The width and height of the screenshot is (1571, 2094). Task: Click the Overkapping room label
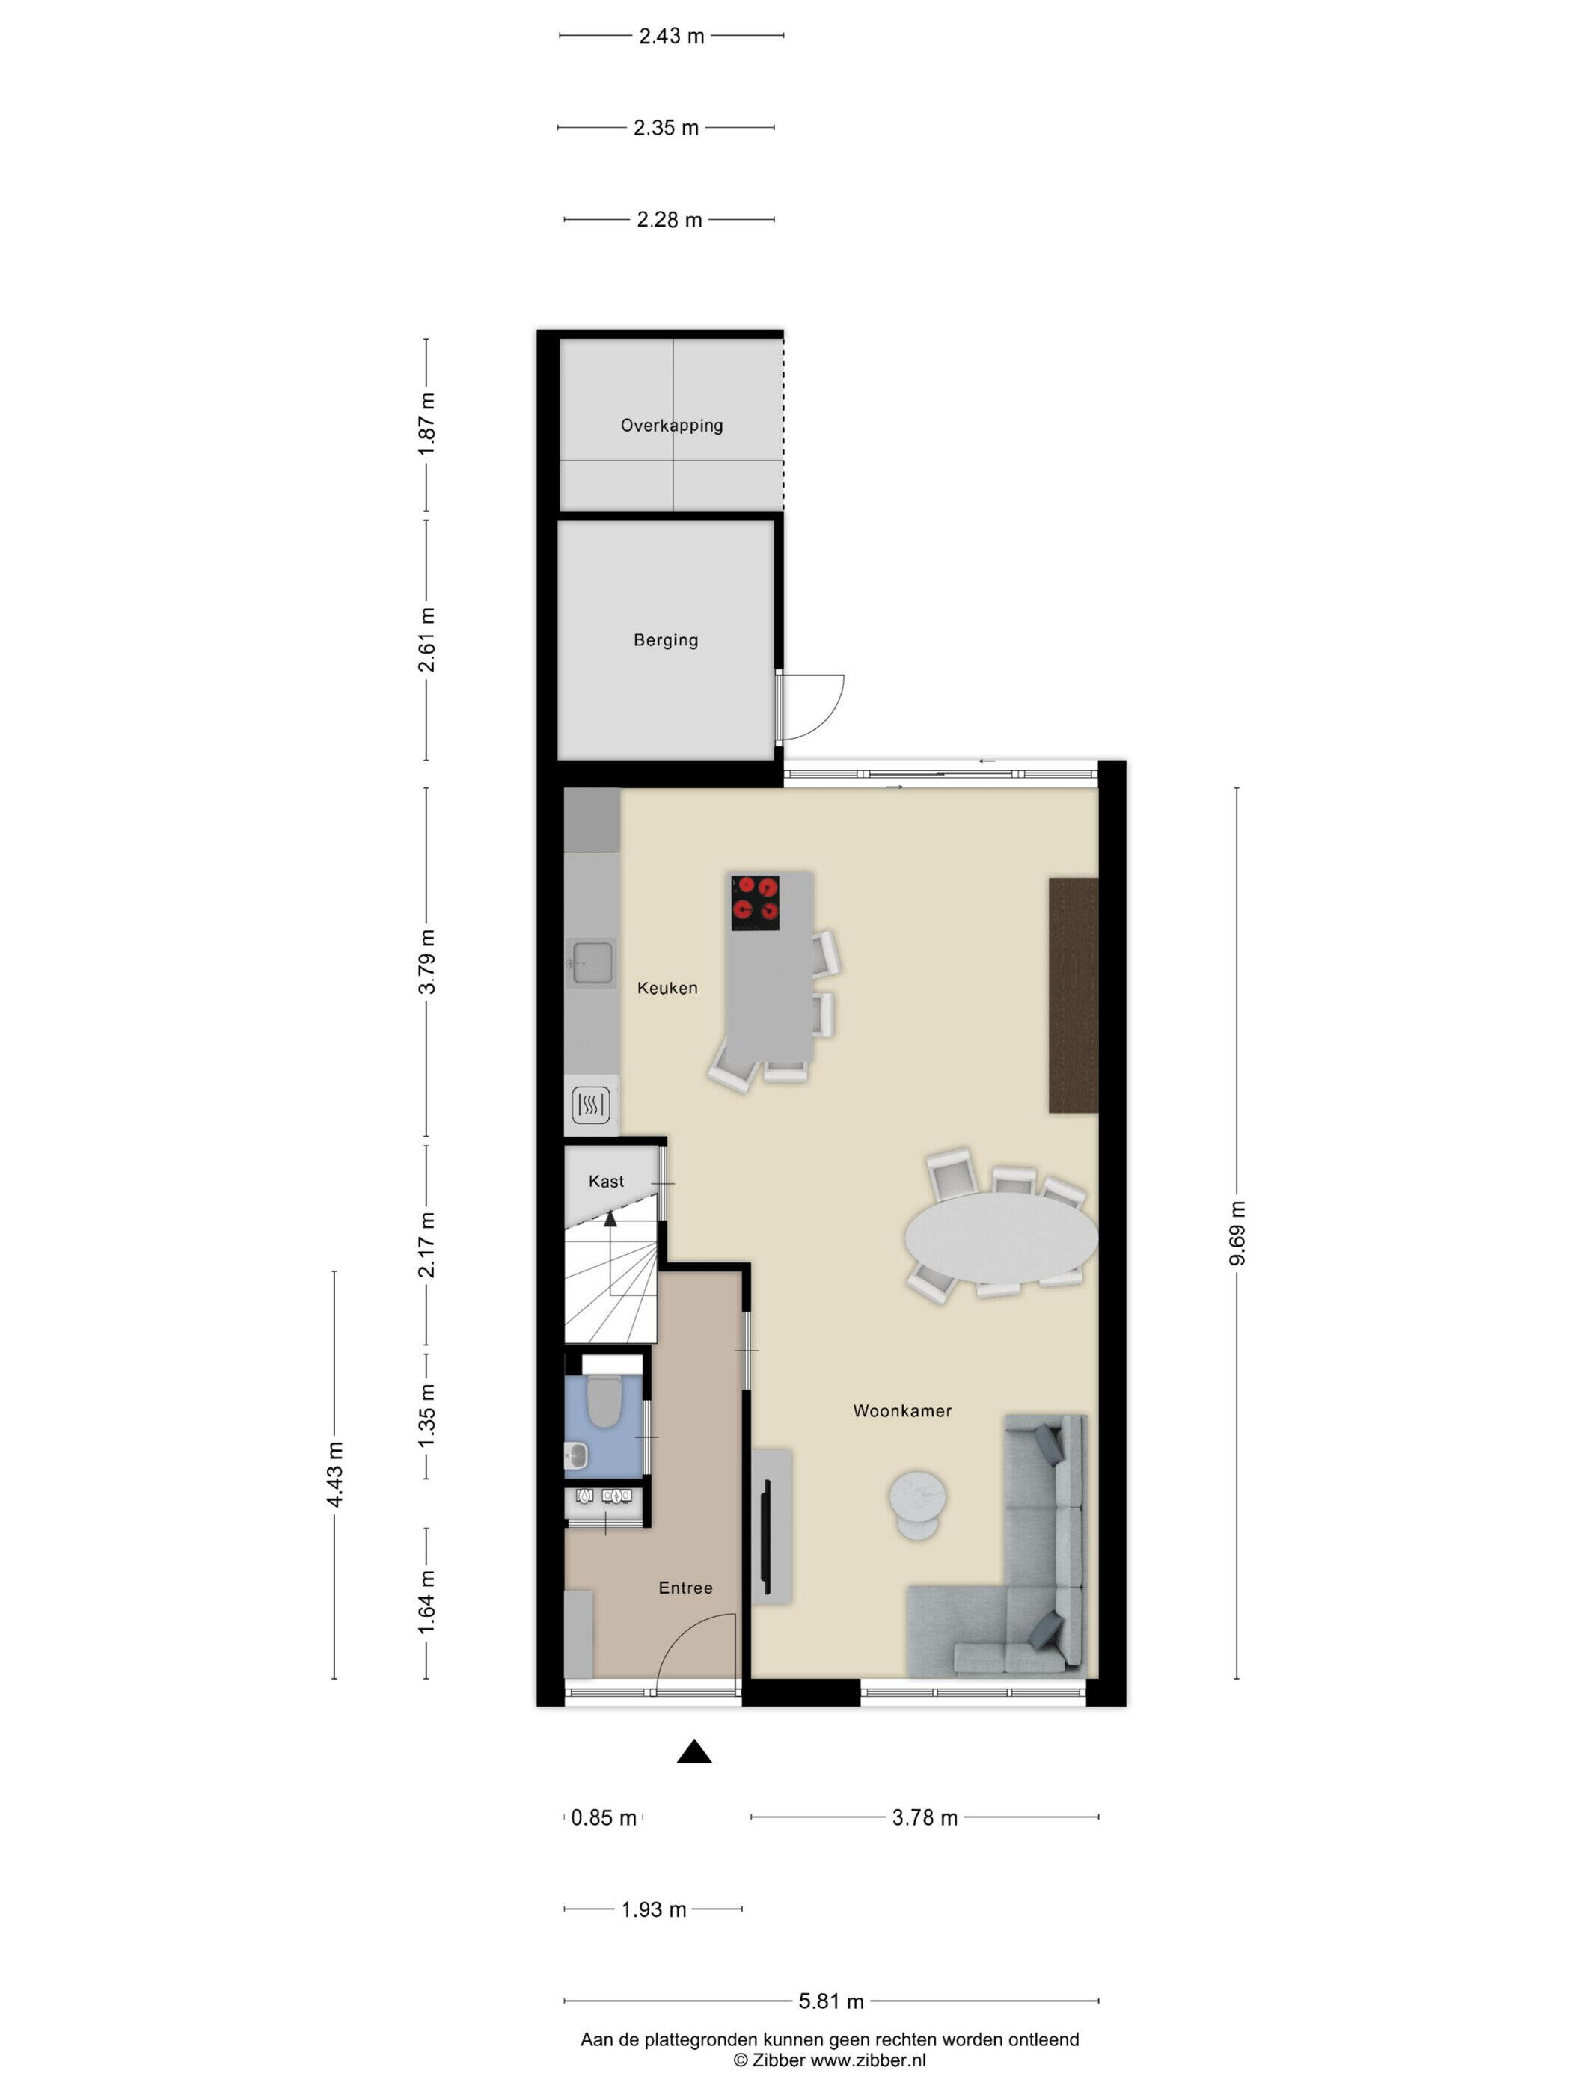click(671, 425)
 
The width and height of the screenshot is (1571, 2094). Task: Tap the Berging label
click(666, 640)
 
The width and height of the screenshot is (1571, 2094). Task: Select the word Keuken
click(667, 987)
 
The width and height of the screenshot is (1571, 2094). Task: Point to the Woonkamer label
click(901, 1410)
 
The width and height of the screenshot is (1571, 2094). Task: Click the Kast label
click(606, 1182)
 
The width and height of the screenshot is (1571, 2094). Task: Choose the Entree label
click(685, 1588)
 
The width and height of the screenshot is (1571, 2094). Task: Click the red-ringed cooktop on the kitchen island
click(755, 902)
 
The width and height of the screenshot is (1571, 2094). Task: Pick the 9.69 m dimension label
click(1237, 1232)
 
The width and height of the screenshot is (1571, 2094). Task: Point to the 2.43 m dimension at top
click(671, 36)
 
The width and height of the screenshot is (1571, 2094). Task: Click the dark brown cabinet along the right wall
click(1073, 995)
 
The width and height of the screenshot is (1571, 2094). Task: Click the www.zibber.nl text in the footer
click(869, 2059)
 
